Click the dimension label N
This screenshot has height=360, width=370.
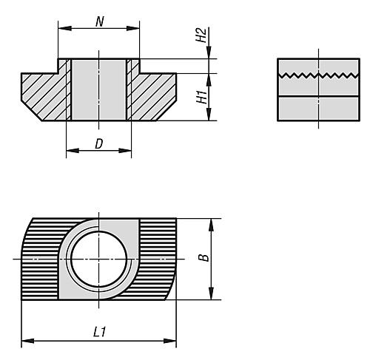[99, 20]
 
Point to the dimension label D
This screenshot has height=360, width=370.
[98, 143]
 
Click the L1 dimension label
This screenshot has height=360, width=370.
[98, 333]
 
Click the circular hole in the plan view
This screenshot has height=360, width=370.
[99, 260]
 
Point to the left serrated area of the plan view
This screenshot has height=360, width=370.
[41, 260]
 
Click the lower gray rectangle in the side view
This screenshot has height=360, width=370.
[320, 109]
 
